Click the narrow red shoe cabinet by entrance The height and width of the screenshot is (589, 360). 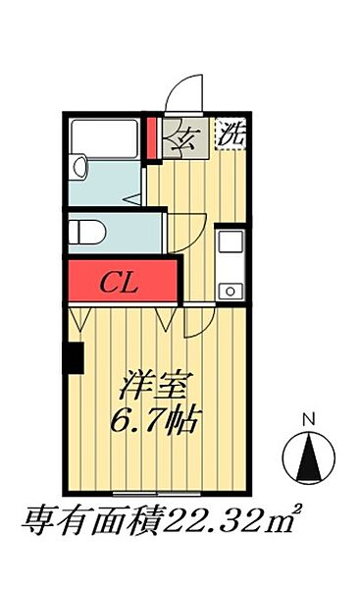pos(152,138)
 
